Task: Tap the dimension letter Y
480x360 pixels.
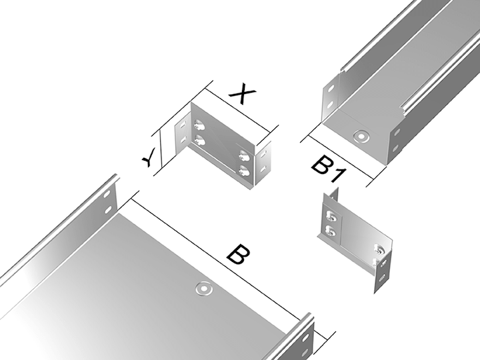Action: [150, 157]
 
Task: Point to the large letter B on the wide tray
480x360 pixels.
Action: [239, 254]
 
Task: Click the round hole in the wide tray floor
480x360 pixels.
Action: [204, 289]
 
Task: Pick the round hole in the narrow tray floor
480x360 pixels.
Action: [361, 135]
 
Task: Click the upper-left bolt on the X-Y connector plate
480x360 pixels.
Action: [199, 125]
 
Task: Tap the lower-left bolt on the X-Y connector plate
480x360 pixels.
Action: [199, 140]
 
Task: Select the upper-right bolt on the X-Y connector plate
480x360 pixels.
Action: [245, 155]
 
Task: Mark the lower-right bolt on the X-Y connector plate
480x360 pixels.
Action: [245, 171]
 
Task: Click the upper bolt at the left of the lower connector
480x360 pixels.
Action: [331, 217]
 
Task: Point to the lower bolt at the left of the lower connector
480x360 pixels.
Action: [331, 231]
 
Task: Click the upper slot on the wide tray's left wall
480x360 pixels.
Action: [107, 195]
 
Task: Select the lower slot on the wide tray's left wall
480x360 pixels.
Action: [109, 210]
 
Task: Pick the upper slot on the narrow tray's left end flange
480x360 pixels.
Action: [331, 89]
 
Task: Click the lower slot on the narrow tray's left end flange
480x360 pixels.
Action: [330, 105]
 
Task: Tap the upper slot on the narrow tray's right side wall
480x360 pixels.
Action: [397, 133]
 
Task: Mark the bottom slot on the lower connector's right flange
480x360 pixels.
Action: [382, 277]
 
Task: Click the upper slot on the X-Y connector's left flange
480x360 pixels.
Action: [183, 125]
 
